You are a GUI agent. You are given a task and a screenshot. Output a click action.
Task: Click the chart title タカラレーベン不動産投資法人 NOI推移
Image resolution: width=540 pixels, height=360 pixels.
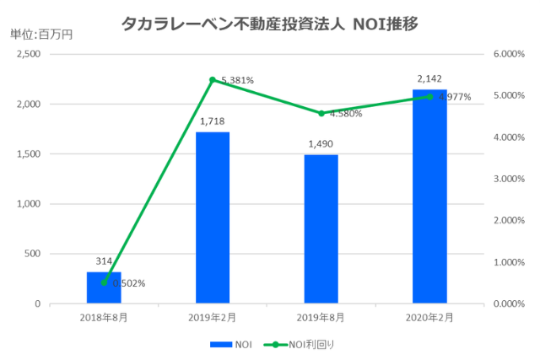pyautogui.click(x=270, y=23)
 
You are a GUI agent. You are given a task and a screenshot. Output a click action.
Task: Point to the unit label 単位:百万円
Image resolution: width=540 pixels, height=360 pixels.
pyautogui.click(x=41, y=35)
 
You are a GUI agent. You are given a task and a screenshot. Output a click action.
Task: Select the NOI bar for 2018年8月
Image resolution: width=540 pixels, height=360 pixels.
pyautogui.click(x=104, y=287)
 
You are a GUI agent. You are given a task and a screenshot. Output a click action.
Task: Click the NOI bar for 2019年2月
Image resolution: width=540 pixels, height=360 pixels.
pyautogui.click(x=213, y=218)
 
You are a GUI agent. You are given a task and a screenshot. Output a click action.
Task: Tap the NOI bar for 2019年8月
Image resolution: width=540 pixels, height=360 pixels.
pyautogui.click(x=321, y=229)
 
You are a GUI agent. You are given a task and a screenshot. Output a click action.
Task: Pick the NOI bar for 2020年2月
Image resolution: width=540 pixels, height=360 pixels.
pyautogui.click(x=429, y=196)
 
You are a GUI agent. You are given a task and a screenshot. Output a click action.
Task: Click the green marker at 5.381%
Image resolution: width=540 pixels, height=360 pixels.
pyautogui.click(x=213, y=80)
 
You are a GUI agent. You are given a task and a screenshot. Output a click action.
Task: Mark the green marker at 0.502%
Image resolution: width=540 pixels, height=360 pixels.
pyautogui.click(x=104, y=282)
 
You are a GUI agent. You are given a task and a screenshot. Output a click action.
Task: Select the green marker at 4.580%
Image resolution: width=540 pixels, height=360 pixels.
pyautogui.click(x=321, y=113)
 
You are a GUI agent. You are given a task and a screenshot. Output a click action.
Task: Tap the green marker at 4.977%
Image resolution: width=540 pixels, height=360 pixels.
pyautogui.click(x=429, y=97)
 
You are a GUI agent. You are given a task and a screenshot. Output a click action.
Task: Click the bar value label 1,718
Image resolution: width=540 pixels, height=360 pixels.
pyautogui.click(x=213, y=122)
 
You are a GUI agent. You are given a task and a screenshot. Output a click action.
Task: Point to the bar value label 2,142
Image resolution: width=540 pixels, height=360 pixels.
pyautogui.click(x=429, y=80)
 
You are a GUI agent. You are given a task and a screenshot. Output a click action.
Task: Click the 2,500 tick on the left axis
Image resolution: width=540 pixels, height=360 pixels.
pyautogui.click(x=28, y=54)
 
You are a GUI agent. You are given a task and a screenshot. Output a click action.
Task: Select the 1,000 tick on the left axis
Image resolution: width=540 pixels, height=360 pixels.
pyautogui.click(x=28, y=204)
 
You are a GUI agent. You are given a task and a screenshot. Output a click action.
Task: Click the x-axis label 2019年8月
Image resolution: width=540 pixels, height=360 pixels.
pyautogui.click(x=321, y=317)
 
